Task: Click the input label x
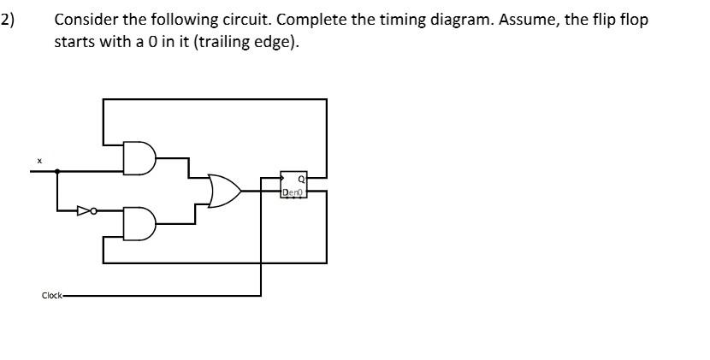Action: [x=38, y=160]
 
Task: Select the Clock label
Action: [x=51, y=296]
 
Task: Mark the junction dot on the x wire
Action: [x=57, y=171]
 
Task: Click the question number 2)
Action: [x=8, y=20]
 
